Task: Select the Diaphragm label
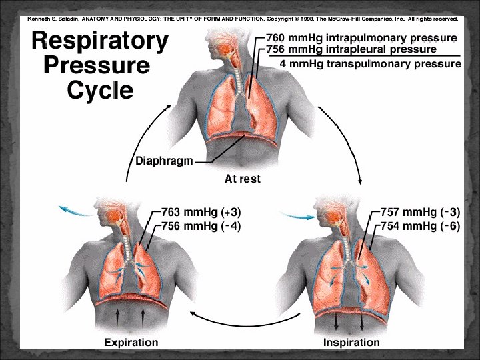165,160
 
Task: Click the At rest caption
242,179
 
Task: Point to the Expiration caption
131,343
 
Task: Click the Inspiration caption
351,343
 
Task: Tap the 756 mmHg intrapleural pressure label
351,49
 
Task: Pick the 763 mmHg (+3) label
201,212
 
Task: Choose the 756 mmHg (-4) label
201,227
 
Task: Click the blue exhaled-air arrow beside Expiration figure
74,211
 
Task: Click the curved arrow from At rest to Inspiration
347,133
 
